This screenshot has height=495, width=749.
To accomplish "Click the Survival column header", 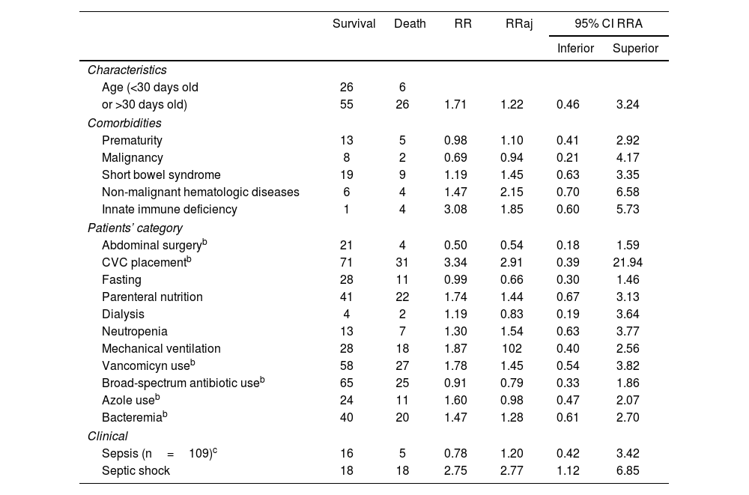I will coord(354,24).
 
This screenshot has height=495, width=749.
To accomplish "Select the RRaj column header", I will coord(519,24).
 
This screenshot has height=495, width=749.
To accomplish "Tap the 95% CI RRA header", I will coord(608,24).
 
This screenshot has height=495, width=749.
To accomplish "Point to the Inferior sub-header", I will coord(575,49).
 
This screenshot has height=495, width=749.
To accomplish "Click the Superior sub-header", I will coord(635,49).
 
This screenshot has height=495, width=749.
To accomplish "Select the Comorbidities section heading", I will coord(124,123).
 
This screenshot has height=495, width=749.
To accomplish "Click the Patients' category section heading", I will coord(135,228).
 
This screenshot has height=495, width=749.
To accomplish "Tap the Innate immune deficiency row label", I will coord(169,210).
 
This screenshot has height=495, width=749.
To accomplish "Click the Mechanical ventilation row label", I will coord(161,349).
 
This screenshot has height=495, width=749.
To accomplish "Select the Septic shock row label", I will coord(136,471).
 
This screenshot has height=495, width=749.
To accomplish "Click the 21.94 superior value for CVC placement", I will coord(628,263).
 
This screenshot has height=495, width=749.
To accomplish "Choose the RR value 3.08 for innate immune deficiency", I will coord(455,210).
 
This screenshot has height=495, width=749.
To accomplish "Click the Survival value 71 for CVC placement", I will coord(346,263).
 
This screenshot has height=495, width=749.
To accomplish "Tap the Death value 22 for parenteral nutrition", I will coord(402,297).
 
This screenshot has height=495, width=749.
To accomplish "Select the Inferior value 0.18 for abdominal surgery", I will coord(568,245).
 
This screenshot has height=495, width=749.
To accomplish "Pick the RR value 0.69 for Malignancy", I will coord(455,158).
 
